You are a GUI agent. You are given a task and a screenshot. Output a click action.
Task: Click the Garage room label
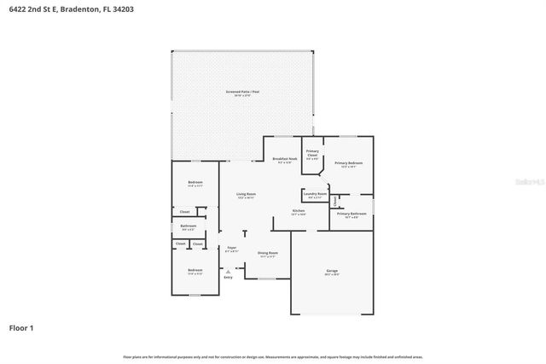[332, 271]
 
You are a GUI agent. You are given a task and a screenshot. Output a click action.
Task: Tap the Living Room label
[246, 195]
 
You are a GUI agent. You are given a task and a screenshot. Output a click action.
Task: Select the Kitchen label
[299, 210]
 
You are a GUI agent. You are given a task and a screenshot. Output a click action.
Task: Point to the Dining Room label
[267, 253]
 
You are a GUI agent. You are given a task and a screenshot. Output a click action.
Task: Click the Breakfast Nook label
[285, 159]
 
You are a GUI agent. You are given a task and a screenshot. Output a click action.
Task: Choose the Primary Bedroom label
[348, 163]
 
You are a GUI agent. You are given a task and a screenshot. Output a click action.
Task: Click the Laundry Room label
[315, 194]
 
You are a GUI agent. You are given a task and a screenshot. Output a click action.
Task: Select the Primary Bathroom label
[351, 214]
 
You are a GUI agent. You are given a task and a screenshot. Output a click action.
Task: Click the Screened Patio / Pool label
[243, 91]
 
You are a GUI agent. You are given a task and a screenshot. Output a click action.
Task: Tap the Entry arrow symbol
[228, 270]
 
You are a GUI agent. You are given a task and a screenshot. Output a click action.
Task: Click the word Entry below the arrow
[228, 278]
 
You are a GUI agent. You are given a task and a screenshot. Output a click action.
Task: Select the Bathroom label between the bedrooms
[188, 226]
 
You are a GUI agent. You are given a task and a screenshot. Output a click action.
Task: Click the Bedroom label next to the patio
[195, 182]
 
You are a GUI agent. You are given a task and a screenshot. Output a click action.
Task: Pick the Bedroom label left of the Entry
[195, 271]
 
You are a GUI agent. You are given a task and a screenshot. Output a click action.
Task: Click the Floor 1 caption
[21, 327]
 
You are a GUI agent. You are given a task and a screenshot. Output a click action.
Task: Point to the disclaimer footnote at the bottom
[273, 356]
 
